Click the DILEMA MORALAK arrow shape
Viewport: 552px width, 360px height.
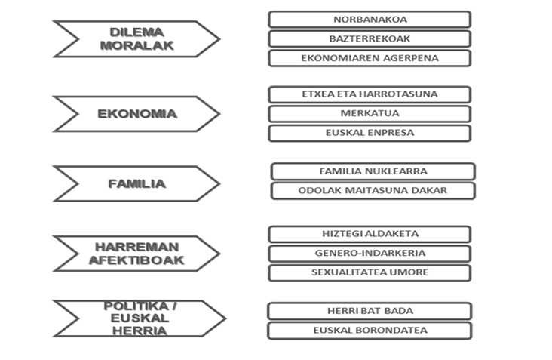tap(137, 38)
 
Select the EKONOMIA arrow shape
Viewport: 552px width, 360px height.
tap(137, 114)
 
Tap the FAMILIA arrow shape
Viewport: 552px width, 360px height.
tap(137, 183)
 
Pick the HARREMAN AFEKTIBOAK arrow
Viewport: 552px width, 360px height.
tap(137, 254)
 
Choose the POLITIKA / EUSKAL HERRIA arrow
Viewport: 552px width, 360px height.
tap(140, 318)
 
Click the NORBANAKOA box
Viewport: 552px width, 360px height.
tap(370, 20)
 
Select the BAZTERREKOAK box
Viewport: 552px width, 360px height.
tap(370, 38)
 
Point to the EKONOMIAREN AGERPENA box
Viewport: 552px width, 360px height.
tap(370, 58)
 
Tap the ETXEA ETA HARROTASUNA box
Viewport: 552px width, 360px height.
tap(370, 94)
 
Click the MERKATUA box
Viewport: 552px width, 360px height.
tap(370, 114)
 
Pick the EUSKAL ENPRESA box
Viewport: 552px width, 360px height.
tap(370, 133)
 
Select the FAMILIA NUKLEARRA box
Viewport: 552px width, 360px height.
tap(373, 171)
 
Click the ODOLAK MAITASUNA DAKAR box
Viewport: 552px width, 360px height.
tap(373, 191)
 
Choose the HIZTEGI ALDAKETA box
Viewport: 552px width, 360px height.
tap(370, 234)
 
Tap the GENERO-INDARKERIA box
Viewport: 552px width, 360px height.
tap(370, 254)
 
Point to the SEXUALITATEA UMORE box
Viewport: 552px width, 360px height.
tap(370, 273)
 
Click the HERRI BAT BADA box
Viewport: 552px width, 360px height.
tap(370, 311)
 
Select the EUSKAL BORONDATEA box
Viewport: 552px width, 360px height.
tap(370, 331)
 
